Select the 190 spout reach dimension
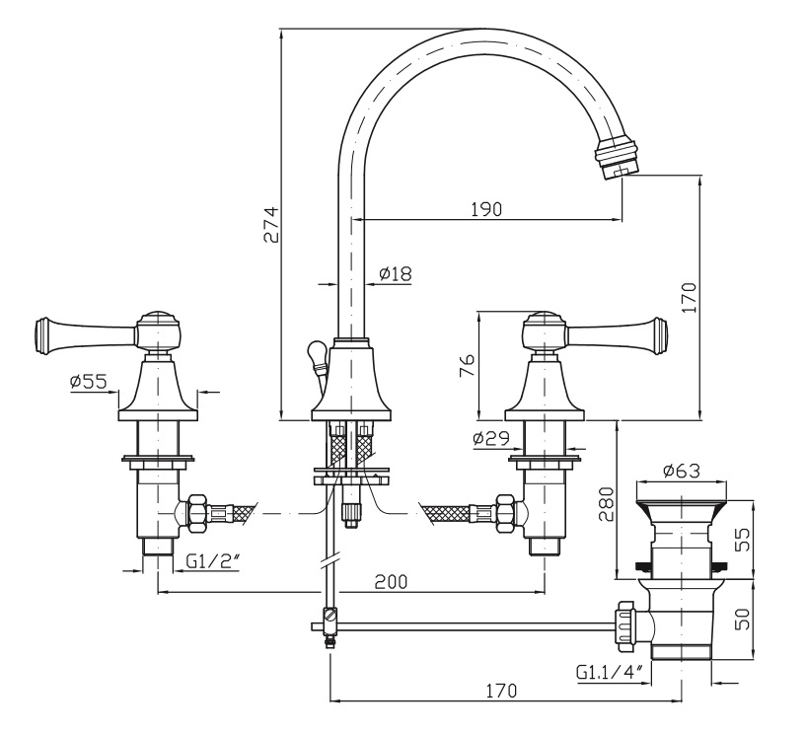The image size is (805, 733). point(485,208)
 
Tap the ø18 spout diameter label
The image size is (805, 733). point(395,273)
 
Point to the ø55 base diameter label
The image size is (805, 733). point(88,382)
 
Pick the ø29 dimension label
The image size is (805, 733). point(489,438)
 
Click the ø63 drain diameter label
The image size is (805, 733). point(682,472)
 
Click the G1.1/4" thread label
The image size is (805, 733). point(611,673)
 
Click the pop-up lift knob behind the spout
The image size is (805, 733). point(316,352)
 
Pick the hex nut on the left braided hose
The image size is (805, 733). point(193,513)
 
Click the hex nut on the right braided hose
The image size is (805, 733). point(504,513)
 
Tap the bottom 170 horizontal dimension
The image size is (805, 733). point(502,692)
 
